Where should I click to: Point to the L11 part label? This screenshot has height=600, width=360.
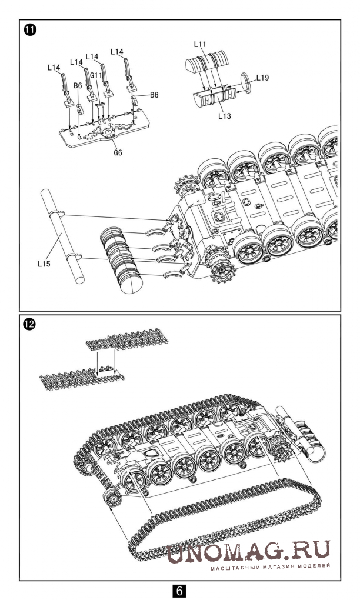click(201, 44)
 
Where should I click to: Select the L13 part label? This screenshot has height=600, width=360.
click(224, 116)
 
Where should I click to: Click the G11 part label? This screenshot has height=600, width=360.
click(97, 76)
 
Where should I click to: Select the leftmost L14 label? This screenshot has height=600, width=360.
click(54, 68)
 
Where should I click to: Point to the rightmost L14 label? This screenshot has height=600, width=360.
click(116, 52)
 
